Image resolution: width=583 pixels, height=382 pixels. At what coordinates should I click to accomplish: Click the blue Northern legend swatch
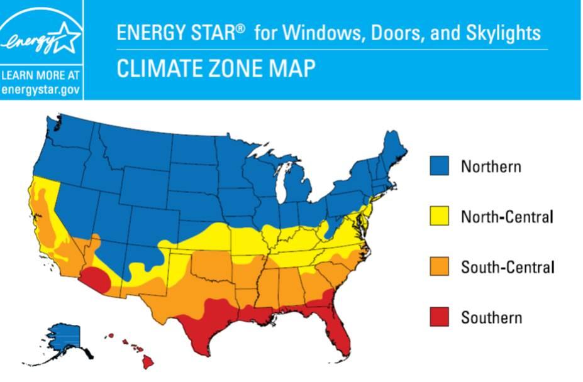click(x=439, y=166)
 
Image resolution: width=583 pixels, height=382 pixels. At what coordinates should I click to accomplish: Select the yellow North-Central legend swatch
click(x=439, y=217)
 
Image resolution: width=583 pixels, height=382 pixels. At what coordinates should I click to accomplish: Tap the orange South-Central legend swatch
click(x=439, y=267)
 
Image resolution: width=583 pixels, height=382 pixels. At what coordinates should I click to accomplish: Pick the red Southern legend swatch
click(x=439, y=317)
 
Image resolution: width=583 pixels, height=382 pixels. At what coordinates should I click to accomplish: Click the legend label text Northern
click(x=491, y=166)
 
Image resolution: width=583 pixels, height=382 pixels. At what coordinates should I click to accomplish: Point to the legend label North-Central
click(x=507, y=217)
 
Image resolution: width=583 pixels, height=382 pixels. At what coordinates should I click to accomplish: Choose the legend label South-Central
click(x=507, y=268)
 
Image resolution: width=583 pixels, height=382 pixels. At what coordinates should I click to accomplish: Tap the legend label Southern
click(x=491, y=318)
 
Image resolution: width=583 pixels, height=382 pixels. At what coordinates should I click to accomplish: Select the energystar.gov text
click(x=41, y=89)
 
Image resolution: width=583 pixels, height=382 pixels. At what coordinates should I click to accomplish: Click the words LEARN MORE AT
click(x=41, y=76)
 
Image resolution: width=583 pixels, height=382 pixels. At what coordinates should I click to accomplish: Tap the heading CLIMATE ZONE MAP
click(x=216, y=68)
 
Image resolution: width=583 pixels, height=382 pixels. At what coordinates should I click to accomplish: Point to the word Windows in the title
click(x=314, y=33)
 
